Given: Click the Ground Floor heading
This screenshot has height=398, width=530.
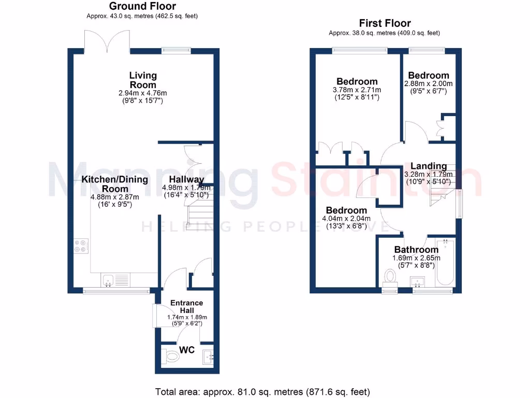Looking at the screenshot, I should click(142, 6).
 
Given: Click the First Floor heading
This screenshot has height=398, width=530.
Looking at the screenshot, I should click(385, 23).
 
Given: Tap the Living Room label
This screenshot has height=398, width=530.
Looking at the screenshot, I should click(143, 80).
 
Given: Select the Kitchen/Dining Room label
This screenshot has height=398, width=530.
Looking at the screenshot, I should click(114, 184).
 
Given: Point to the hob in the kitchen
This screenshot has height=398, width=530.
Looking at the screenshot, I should click(81, 245).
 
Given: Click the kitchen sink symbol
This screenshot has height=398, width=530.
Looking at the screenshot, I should click(109, 280).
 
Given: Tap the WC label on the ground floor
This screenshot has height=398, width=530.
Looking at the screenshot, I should click(187, 350).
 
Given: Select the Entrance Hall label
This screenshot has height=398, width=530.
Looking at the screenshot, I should click(187, 306).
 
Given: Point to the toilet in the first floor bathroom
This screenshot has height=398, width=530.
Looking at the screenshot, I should click(390, 277).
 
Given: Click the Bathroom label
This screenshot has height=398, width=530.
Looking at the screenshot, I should click(416, 250).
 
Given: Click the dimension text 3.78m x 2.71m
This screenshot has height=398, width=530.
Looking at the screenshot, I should click(357, 90).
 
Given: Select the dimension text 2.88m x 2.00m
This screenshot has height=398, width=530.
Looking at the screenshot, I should click(429, 83).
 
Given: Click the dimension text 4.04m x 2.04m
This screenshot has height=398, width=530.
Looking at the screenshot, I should click(347, 219).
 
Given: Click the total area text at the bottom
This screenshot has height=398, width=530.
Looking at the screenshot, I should click(263, 391).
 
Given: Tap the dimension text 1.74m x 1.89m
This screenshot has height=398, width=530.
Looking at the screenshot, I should click(187, 317).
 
